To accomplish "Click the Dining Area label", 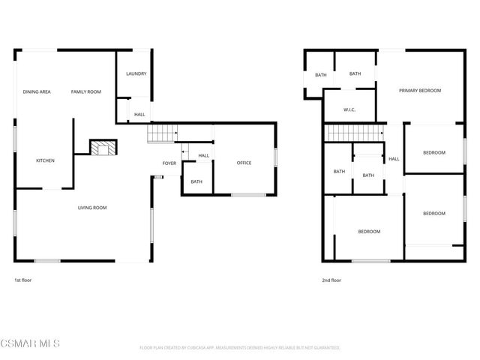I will tap(36, 91).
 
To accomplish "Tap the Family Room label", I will tap(86, 91).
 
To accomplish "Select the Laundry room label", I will tap(136, 73).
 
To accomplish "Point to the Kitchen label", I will tap(45, 160).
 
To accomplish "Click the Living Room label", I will tap(93, 208).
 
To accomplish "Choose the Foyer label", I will tap(169, 163).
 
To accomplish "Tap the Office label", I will tap(244, 163).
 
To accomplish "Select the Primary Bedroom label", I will tap(419, 91).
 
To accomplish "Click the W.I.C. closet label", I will tap(349, 110).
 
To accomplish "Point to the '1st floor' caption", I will tap(22, 280).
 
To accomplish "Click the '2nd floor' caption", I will tap(331, 280).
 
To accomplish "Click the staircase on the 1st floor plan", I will tap(161, 134).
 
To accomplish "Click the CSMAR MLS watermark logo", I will tap(30, 343).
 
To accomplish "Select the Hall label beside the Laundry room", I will tap(139, 115).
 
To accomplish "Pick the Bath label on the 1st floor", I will tap(196, 181).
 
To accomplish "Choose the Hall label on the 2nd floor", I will tap(393, 159).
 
